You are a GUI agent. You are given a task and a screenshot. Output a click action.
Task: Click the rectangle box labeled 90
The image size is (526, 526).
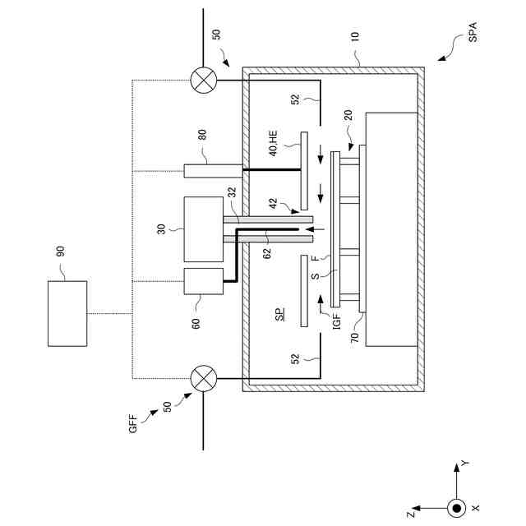67,314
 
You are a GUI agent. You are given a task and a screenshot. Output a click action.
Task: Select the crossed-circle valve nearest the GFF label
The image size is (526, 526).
202,379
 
